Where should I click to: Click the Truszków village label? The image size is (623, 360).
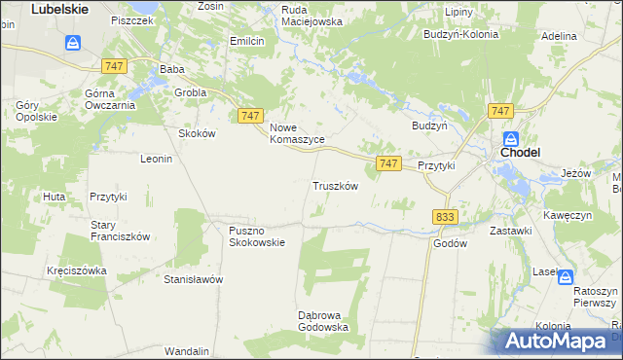[336, 186]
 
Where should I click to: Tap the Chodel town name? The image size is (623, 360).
[520, 153]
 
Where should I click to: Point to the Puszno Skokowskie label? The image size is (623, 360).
[257, 236]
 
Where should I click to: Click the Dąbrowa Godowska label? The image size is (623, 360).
[323, 320]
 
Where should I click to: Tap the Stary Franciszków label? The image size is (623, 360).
[119, 230]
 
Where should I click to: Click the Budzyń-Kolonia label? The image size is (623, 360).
[460, 34]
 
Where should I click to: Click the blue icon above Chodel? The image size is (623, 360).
[511, 138]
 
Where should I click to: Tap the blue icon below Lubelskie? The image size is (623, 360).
[73, 43]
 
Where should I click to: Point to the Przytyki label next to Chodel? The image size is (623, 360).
[436, 166]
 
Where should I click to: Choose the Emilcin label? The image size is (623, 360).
[247, 41]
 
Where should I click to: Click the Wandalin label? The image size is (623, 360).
[187, 350]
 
